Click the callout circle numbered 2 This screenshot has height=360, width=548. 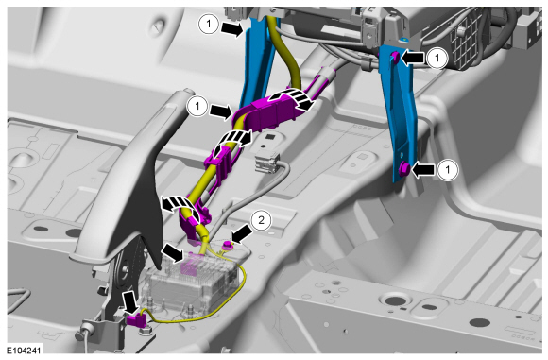pos(261,220)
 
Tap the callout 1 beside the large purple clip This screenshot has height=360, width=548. pos(197,106)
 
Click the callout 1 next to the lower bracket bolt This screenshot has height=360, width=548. pos(447,170)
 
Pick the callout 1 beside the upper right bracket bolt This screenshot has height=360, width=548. pos(437,58)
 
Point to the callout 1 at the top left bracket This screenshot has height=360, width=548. pos(209,25)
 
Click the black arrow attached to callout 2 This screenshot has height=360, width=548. pos(242,233)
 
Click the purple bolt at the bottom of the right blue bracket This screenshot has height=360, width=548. pos(404,169)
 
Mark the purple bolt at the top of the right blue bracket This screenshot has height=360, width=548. pos(395,57)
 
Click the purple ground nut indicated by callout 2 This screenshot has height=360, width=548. pos(228,245)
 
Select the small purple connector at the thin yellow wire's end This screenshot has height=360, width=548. pos(136,320)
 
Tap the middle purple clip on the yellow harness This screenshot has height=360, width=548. pos(220,163)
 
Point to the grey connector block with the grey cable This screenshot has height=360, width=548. pos(267,163)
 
